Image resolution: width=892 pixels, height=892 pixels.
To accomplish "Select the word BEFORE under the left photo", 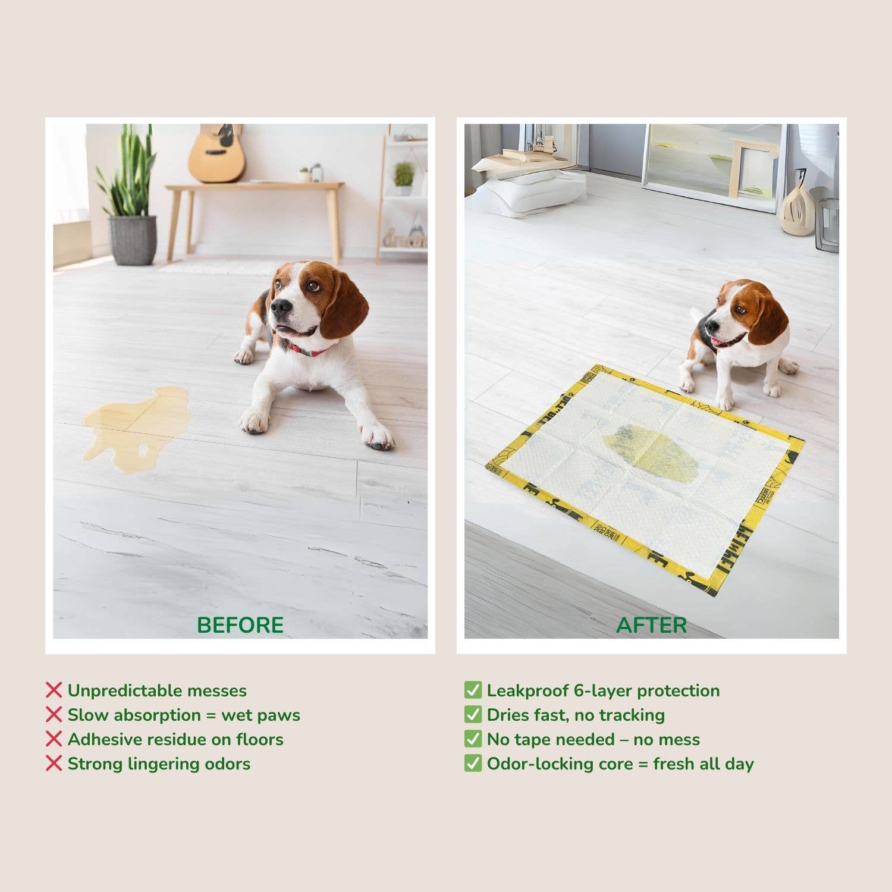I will (240, 625).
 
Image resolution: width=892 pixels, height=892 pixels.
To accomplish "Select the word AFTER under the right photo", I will (651, 625).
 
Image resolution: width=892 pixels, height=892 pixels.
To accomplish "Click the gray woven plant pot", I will (132, 240).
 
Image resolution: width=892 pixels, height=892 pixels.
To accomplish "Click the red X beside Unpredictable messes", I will (54, 690).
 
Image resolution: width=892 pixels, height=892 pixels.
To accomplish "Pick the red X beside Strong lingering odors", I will (54, 763).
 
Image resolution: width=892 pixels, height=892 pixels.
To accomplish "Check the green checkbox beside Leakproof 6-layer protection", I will (473, 690).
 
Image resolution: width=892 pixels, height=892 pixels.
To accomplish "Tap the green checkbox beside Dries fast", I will (473, 714).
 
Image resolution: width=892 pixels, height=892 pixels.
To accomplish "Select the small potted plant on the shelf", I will (404, 177).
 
